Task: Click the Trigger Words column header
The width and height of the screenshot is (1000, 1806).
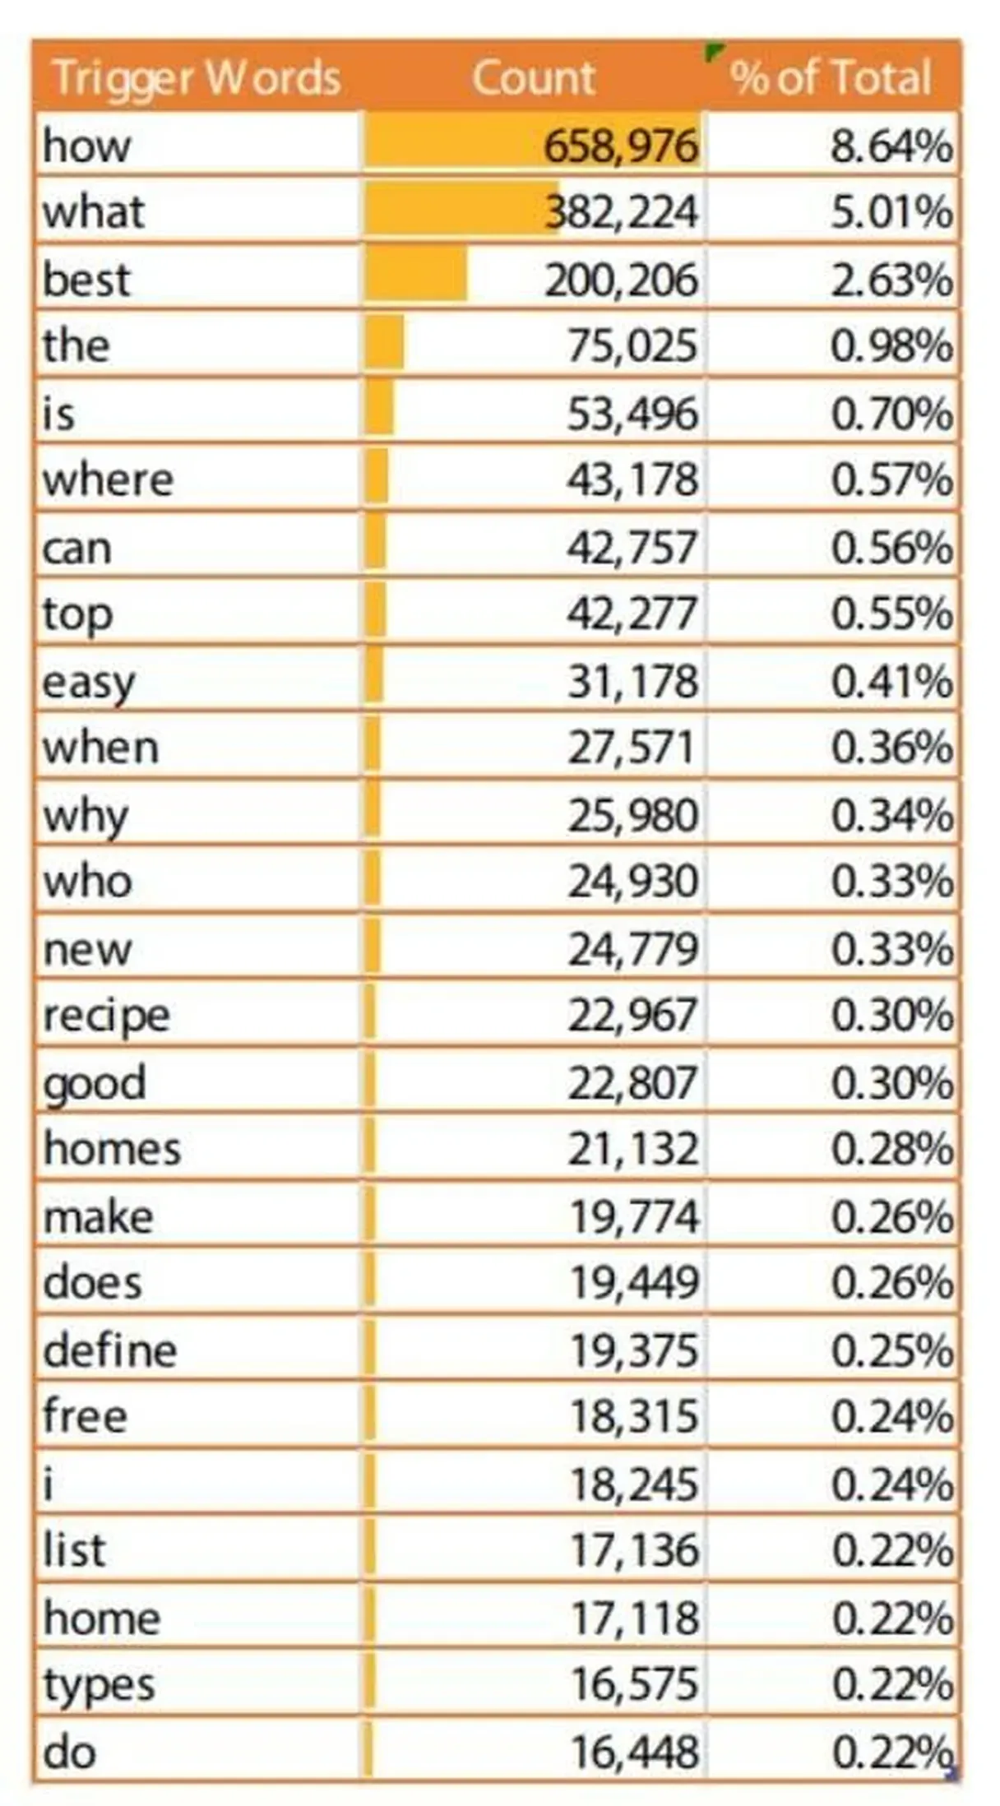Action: pos(196,78)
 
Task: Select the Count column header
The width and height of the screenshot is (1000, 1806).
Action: pos(533,78)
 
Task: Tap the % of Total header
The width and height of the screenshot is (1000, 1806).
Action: pos(831,78)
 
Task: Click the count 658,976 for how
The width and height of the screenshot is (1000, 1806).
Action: pos(621,146)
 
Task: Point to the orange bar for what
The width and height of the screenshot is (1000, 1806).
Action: pos(461,211)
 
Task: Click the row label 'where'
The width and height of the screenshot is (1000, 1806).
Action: pos(108,479)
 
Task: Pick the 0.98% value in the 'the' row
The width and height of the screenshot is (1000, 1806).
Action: pos(891,345)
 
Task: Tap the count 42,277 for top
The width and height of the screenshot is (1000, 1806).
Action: pos(632,614)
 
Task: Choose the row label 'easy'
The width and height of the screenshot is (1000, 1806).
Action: pos(89,683)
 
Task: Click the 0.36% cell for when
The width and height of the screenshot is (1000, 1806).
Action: pos(891,748)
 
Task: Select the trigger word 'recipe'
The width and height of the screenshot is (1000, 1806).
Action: pos(107,1016)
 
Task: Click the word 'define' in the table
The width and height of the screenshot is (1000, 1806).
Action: pos(110,1350)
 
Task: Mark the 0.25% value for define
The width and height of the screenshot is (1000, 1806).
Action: pos(891,1350)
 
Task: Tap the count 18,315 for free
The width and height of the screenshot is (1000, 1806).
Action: pos(634,1417)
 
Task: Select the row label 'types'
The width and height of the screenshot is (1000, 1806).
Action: pos(99,1684)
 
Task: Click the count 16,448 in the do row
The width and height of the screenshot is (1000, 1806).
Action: pos(634,1752)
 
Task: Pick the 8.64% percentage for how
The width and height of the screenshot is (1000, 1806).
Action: pos(891,146)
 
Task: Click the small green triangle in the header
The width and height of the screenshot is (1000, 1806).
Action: pos(712,51)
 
